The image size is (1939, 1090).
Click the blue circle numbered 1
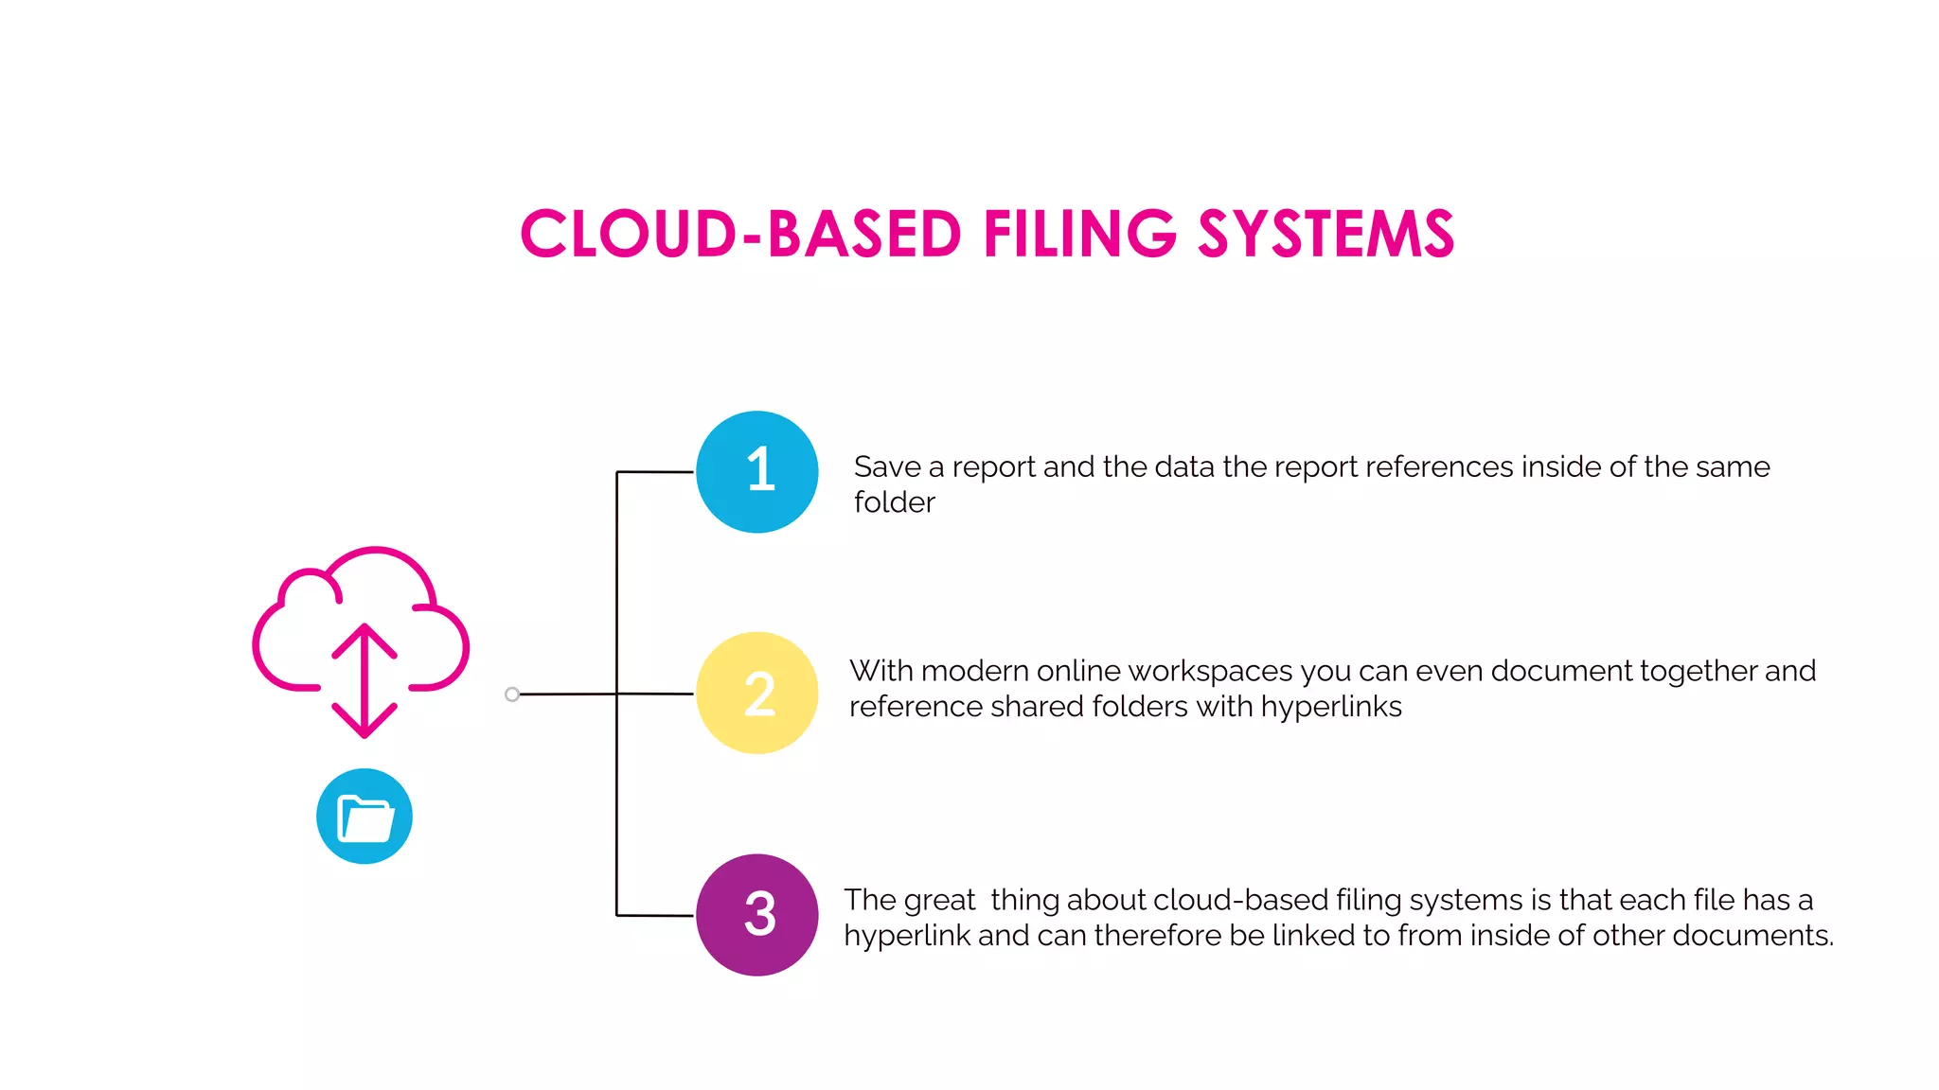[756, 471]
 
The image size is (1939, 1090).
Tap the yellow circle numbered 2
[756, 693]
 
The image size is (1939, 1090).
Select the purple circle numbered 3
[756, 915]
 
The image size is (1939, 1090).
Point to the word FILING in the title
[1079, 235]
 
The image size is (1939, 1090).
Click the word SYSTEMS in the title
[1325, 235]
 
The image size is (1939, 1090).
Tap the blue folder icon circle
[365, 816]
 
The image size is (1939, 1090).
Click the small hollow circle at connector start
[512, 694]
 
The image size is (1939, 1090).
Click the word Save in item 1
[887, 466]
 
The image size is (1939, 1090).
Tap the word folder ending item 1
[894, 502]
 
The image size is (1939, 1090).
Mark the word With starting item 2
[881, 671]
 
